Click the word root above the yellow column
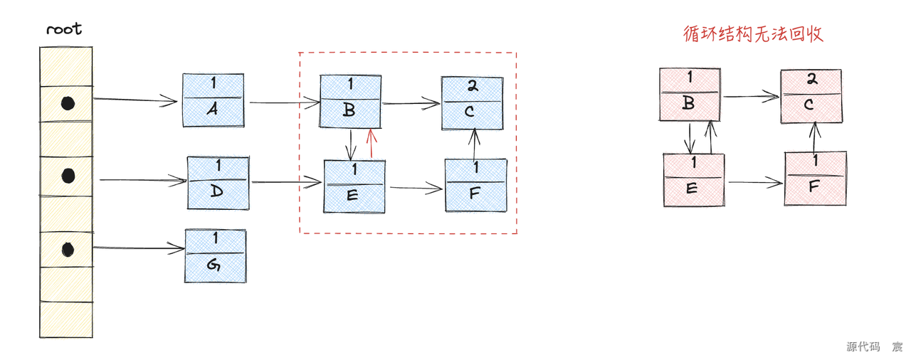coord(64,29)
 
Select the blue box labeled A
coord(214,100)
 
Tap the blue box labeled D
coord(218,183)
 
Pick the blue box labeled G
coord(216,255)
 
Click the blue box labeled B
coord(351,101)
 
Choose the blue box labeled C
coord(472,103)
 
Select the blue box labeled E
coord(354,186)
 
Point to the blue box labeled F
coord(476,185)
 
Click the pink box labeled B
coord(690,95)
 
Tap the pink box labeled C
coord(811,96)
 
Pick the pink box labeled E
coord(694,180)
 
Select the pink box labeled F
coord(816,179)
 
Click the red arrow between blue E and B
coord(371,144)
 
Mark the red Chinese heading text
coord(753,34)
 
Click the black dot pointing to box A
coord(68,103)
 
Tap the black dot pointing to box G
coord(68,249)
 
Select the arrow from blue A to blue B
coord(285,102)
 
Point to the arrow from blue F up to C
coord(474,144)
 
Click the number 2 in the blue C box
coord(473,85)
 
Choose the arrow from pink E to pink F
coord(755,182)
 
